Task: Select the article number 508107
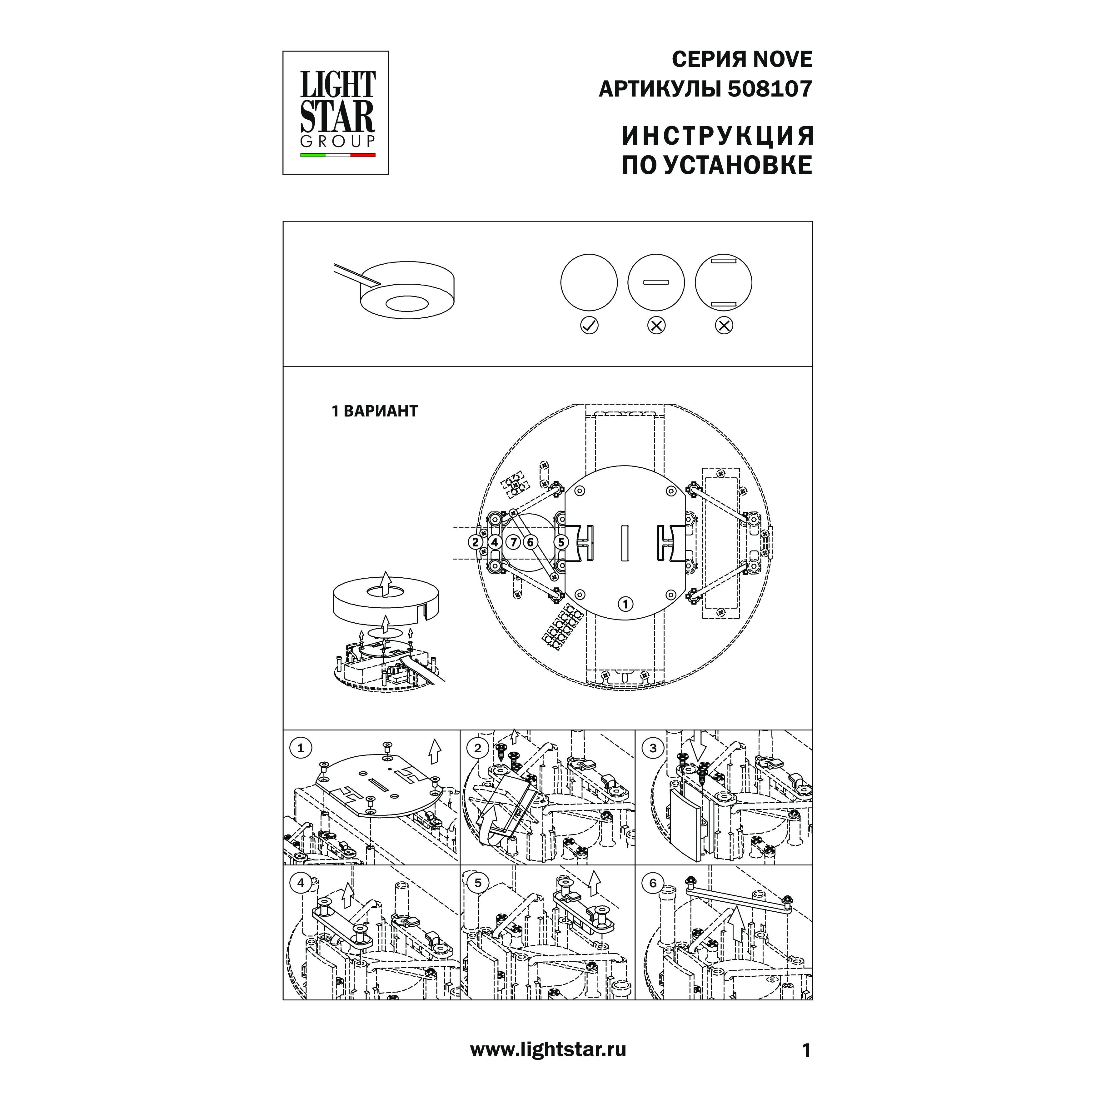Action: coord(770,89)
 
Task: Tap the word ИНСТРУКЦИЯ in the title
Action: coord(718,136)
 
